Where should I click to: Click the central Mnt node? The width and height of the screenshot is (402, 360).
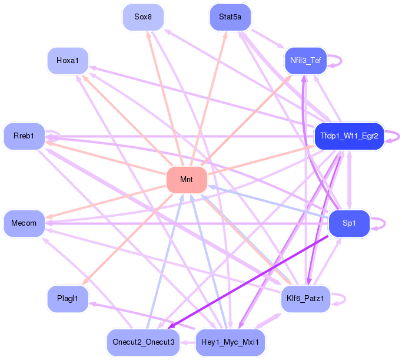(187, 180)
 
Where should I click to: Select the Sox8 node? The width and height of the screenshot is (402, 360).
(143, 17)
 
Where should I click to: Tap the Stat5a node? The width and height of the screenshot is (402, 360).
(230, 17)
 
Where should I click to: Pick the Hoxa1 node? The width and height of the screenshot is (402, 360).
(68, 61)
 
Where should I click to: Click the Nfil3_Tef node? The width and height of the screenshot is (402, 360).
(305, 61)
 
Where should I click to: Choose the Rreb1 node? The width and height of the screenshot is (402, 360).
(24, 136)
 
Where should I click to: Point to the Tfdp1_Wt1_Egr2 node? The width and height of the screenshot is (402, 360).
(349, 136)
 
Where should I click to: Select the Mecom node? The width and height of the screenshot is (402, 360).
(24, 223)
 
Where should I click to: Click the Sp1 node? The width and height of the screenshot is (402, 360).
(349, 223)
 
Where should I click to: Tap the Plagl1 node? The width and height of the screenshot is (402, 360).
(68, 299)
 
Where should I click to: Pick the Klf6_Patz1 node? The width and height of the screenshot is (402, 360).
(305, 299)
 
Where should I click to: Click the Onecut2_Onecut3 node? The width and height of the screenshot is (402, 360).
(143, 342)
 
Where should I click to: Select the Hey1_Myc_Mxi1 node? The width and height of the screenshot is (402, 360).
(230, 342)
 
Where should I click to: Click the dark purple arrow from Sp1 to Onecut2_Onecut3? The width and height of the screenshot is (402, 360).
(248, 282)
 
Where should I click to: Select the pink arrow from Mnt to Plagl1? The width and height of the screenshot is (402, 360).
(127, 239)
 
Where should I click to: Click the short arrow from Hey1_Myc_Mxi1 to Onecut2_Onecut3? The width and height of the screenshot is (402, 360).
(188, 342)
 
